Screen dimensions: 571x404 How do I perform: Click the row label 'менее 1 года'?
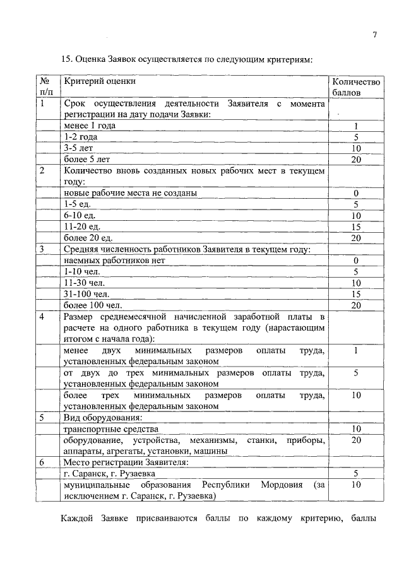click(90, 126)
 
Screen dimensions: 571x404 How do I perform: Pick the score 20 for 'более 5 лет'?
click(356, 160)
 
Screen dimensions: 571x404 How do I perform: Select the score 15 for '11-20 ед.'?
click(356, 227)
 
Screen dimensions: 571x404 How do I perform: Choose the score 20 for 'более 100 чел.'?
click(356, 305)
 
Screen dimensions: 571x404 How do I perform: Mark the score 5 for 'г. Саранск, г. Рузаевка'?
click(356, 473)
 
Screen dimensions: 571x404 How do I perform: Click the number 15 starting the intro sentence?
click(66, 59)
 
